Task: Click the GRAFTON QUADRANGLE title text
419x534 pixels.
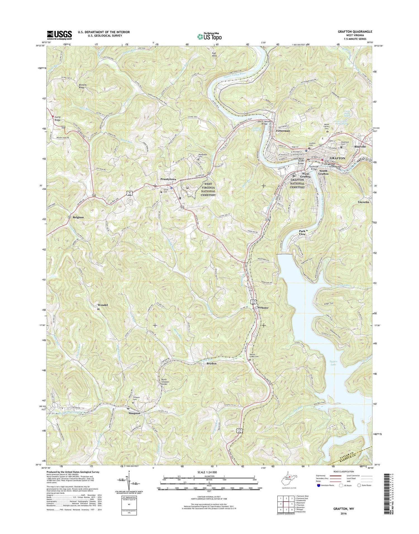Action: click(x=355, y=32)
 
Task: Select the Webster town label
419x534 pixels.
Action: click(x=262, y=307)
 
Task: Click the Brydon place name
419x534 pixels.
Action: click(x=211, y=364)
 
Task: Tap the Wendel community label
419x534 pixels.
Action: click(x=103, y=305)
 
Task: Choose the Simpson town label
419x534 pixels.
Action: click(x=134, y=413)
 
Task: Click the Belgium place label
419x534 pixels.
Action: click(x=78, y=217)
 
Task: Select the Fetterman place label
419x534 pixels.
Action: click(x=283, y=131)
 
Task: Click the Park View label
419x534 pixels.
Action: click(x=302, y=233)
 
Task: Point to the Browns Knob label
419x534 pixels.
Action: click(x=83, y=86)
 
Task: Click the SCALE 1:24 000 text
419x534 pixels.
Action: click(x=209, y=472)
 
